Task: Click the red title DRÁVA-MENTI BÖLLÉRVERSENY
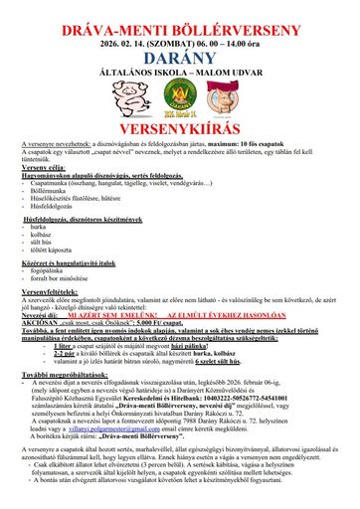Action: click(x=179, y=13)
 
